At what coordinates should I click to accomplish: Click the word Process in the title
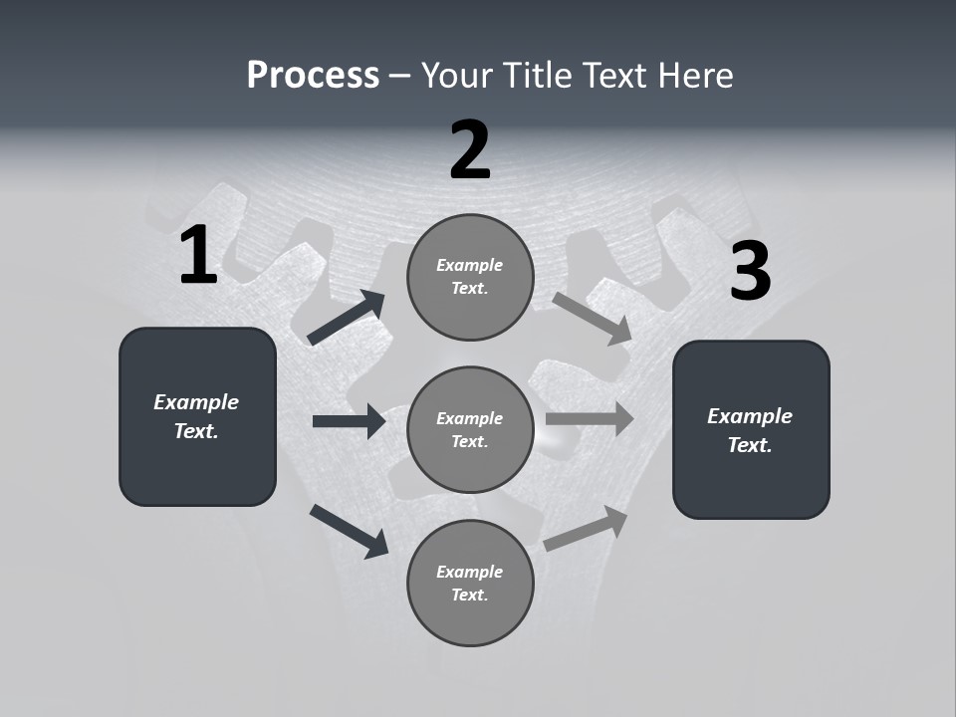[313, 76]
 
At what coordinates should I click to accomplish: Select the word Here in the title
[690, 76]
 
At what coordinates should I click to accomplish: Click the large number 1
[198, 256]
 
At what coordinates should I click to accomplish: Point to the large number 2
[470, 150]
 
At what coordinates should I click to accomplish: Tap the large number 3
[750, 272]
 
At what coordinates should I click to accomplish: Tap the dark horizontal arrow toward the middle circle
[349, 421]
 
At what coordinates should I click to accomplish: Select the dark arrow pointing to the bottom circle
[349, 530]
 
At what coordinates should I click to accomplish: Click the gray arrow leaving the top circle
[592, 319]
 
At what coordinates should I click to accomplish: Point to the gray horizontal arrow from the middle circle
[589, 418]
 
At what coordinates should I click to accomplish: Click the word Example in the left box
[196, 402]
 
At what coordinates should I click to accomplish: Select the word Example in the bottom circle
[470, 572]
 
